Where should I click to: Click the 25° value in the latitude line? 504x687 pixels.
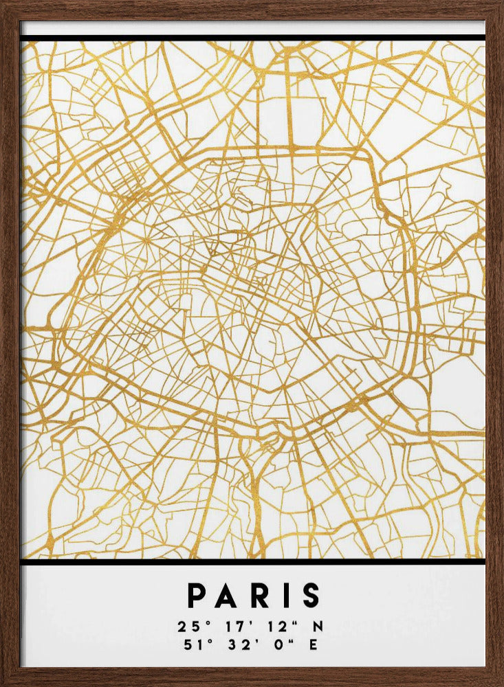click(189, 627)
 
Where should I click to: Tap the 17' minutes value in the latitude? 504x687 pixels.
click(230, 627)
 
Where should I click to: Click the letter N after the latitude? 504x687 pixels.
click(318, 627)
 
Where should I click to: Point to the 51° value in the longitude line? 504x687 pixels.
click(189, 644)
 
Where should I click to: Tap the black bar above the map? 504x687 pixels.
click(252, 37)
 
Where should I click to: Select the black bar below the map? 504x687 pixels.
click(252, 562)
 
